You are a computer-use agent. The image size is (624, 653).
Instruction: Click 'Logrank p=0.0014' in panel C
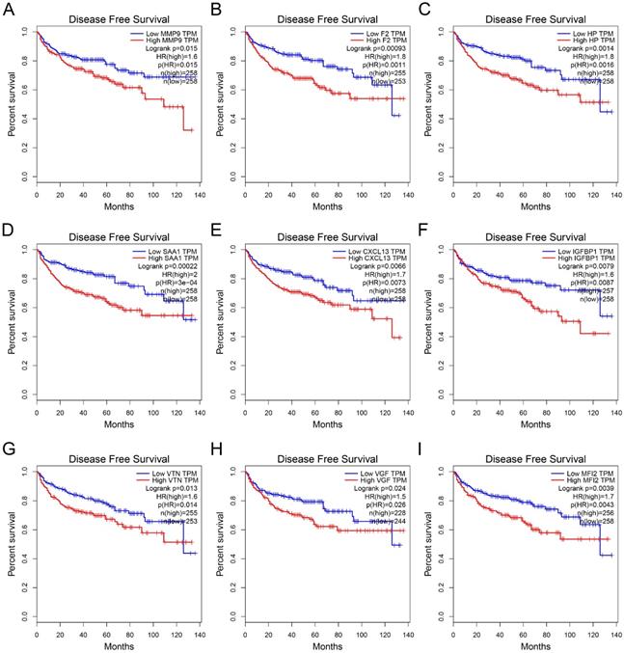tap(575, 51)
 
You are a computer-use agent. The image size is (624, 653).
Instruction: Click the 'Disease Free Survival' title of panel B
tap(323, 18)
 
